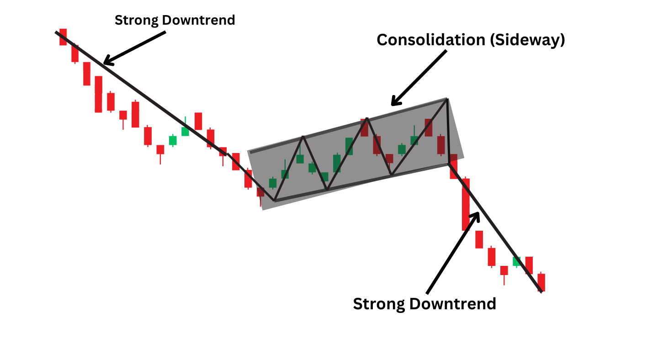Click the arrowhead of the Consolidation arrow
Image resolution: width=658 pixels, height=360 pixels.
[394, 103]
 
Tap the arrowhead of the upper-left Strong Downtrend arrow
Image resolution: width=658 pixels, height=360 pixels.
[106, 62]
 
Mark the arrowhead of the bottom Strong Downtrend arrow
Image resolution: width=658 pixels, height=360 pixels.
[477, 215]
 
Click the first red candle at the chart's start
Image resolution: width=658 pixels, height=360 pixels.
[63, 37]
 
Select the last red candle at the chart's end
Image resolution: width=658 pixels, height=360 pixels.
[541, 282]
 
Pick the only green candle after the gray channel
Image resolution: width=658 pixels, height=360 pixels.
[517, 261]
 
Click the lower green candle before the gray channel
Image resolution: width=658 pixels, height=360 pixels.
[173, 140]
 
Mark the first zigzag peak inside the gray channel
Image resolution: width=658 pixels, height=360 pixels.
[302, 137]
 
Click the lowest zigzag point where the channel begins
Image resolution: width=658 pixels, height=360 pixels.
[274, 201]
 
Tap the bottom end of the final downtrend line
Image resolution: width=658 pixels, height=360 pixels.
[541, 291]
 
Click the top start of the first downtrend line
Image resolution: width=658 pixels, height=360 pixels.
[56, 32]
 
